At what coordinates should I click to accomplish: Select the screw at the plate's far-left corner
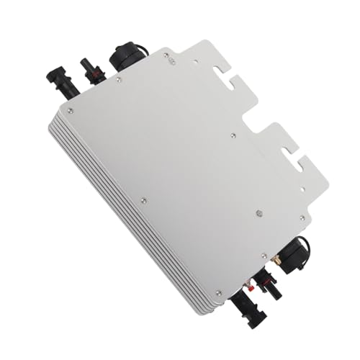tap(70, 109)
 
